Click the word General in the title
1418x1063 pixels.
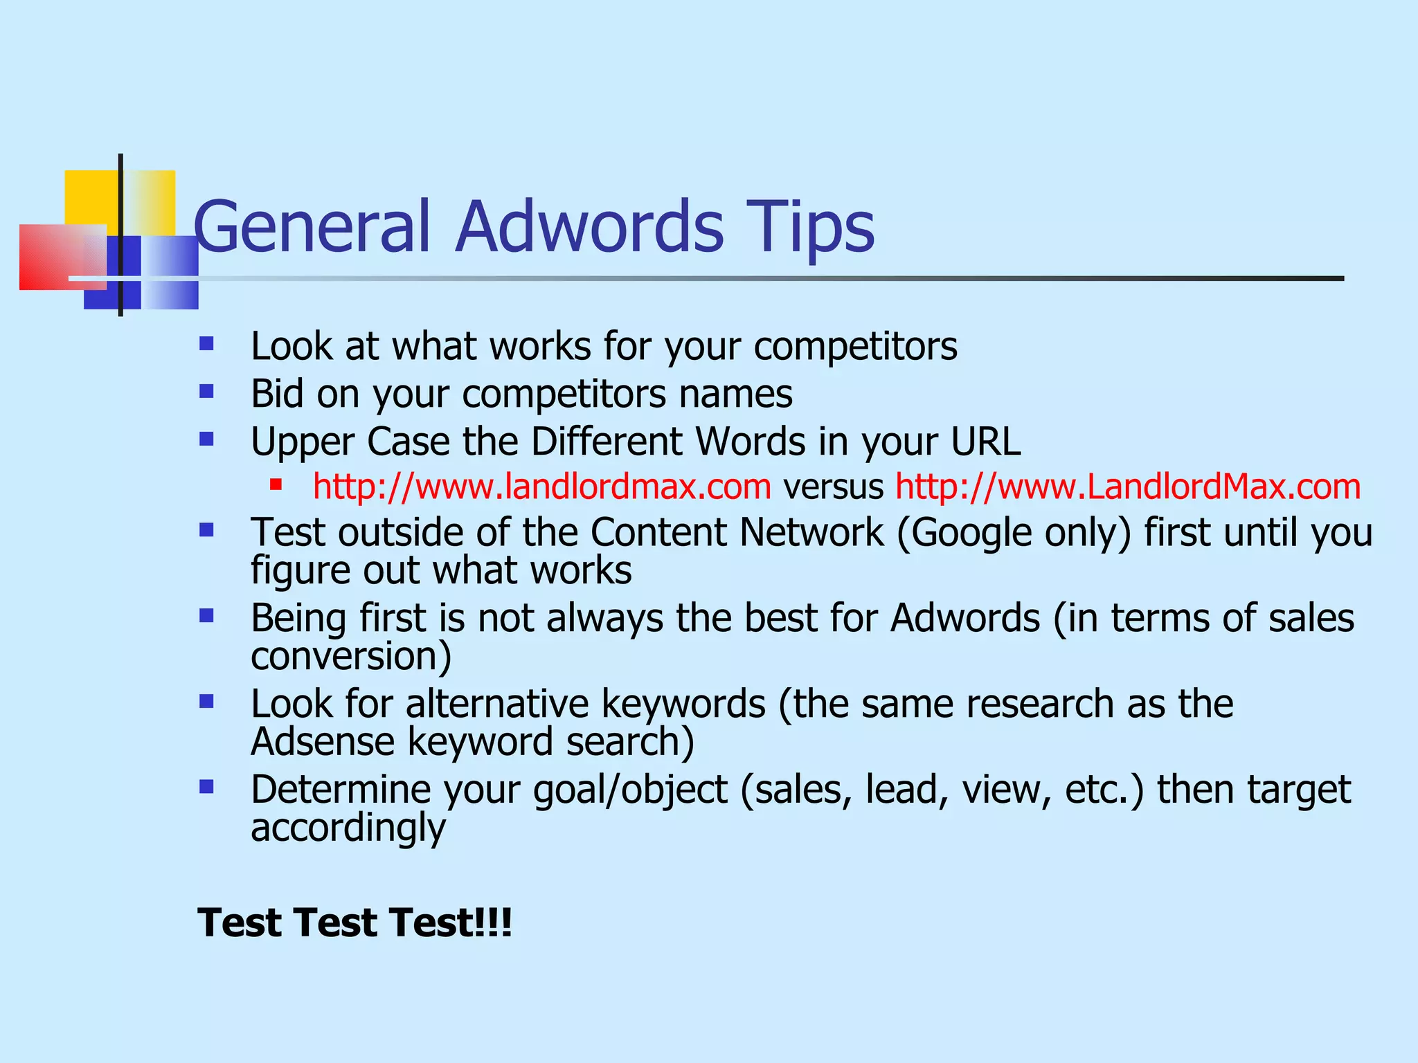[312, 226]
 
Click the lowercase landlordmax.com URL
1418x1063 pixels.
[541, 486]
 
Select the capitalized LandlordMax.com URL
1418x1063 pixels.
[1128, 486]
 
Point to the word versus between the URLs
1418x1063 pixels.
[833, 486]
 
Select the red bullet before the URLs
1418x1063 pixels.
[276, 484]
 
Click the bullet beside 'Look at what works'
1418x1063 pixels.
[206, 344]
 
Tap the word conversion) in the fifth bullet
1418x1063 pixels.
[351, 655]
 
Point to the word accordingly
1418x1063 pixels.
[348, 827]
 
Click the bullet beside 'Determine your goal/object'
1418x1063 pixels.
[206, 787]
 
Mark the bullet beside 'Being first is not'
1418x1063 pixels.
[206, 615]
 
